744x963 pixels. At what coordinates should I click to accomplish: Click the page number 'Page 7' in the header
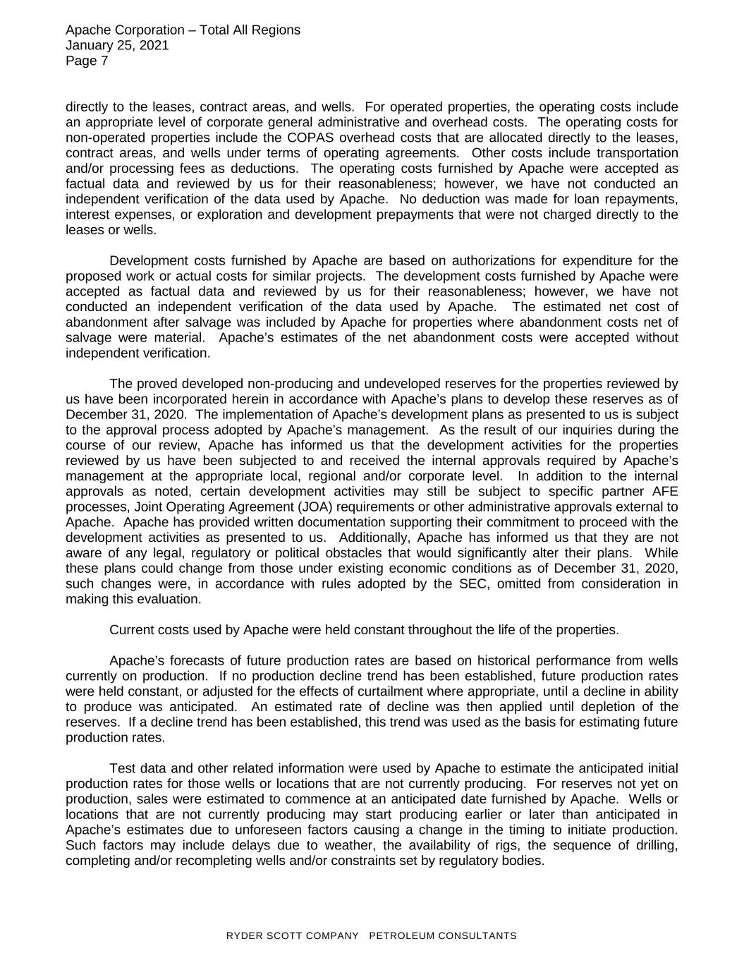click(x=87, y=61)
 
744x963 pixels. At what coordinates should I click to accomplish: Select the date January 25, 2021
click(x=117, y=46)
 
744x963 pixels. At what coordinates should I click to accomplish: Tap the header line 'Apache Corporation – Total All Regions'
click(x=183, y=30)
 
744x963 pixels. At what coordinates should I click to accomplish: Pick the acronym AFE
click(x=664, y=492)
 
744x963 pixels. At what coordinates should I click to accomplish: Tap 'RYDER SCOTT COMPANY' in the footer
click(x=292, y=936)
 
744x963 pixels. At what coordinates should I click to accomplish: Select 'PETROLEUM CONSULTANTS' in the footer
click(x=443, y=936)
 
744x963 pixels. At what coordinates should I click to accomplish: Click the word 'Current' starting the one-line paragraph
click(x=131, y=630)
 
